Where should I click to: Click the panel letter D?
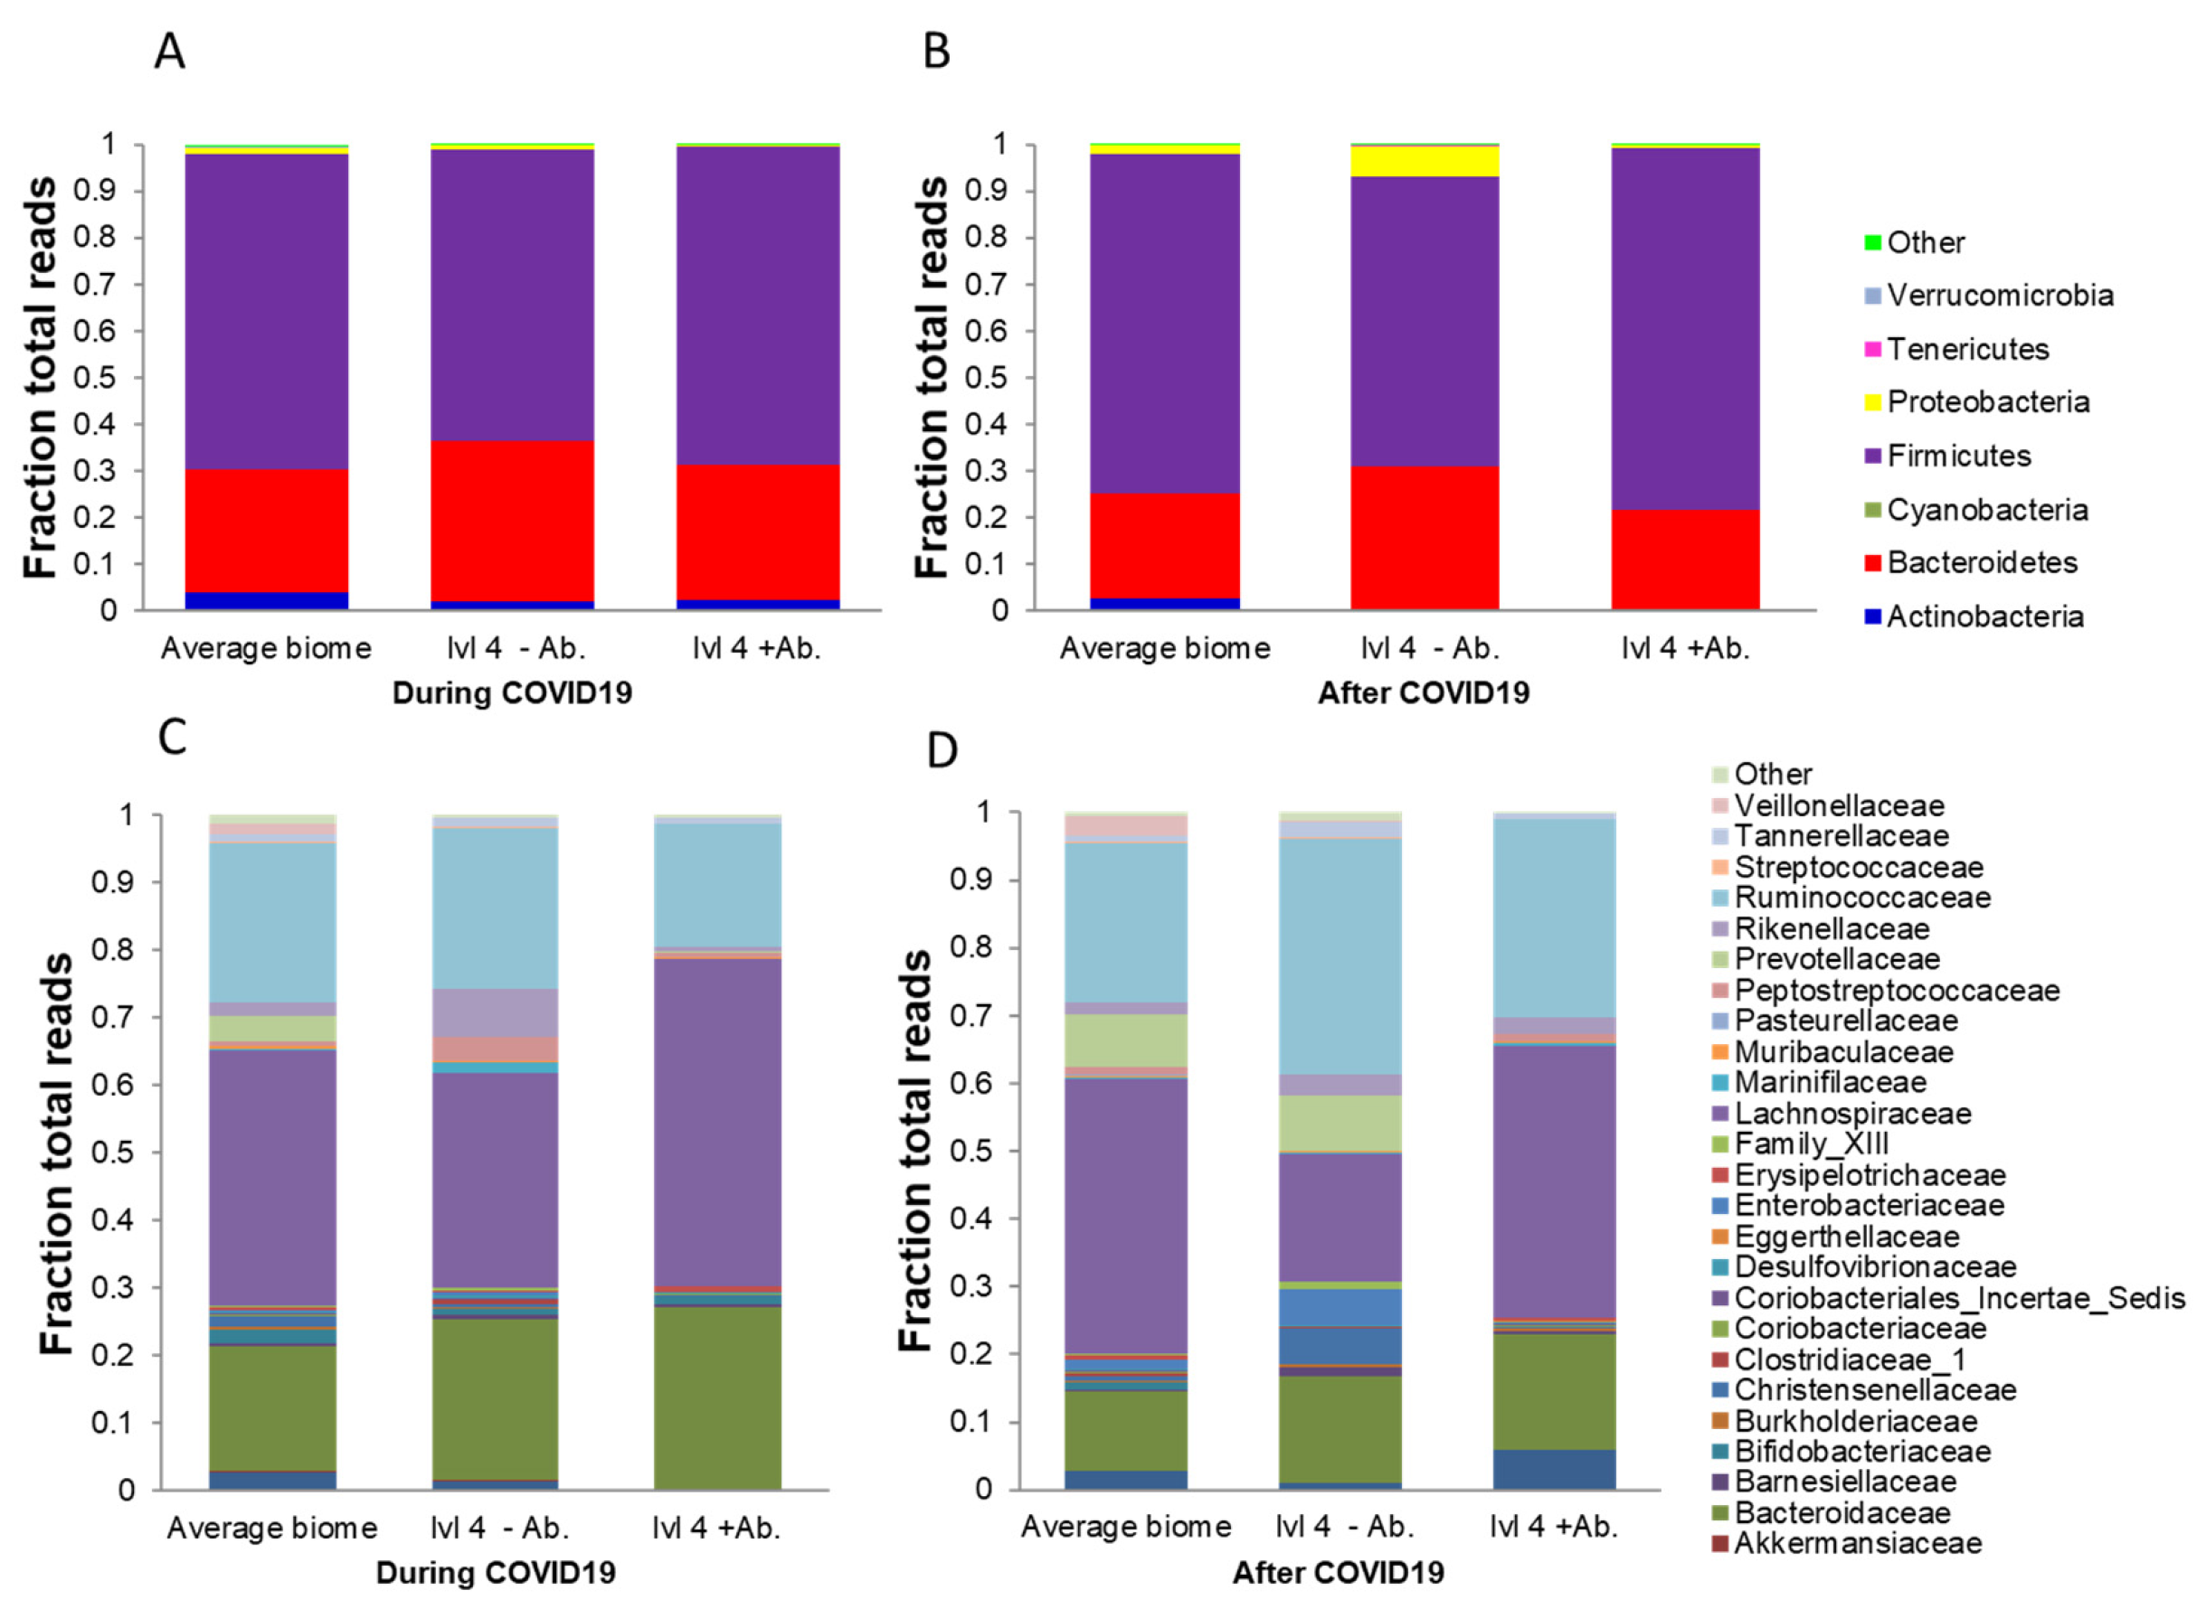click(x=942, y=750)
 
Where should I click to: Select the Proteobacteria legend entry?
click(x=1987, y=402)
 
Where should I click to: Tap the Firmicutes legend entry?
click(x=1957, y=456)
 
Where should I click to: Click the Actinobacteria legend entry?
click(x=1984, y=616)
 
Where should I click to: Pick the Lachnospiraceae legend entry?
click(x=1851, y=1114)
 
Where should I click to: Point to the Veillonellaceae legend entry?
click(x=1838, y=805)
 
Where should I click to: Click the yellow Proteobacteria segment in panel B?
click(x=1424, y=161)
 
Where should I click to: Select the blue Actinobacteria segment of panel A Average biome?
click(x=266, y=600)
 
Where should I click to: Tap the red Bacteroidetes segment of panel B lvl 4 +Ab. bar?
click(x=1685, y=560)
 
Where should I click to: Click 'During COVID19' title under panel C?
click(x=495, y=1573)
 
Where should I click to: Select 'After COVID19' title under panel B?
click(x=1424, y=693)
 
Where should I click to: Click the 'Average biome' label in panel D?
click(x=1125, y=1527)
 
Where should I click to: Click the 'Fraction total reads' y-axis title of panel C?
click(x=56, y=1154)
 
